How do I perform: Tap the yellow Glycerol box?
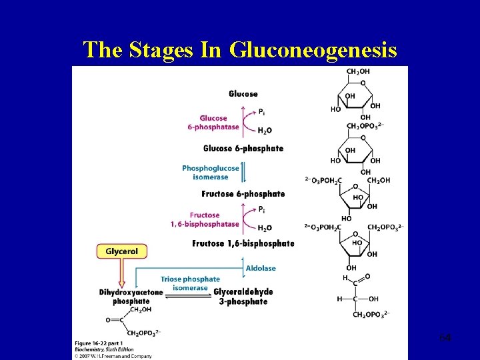click(x=121, y=251)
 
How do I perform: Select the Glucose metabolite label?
click(x=243, y=94)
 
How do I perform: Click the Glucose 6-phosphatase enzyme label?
click(x=213, y=123)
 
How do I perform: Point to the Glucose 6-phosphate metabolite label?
click(x=243, y=149)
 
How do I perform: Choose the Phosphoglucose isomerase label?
click(x=210, y=172)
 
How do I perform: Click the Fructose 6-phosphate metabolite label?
click(x=243, y=194)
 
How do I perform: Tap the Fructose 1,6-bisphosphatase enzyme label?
click(x=204, y=219)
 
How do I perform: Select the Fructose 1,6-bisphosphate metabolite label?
click(x=243, y=243)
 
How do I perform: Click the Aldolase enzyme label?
click(x=261, y=268)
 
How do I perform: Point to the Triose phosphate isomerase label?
click(x=190, y=283)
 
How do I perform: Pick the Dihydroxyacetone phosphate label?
click(x=131, y=297)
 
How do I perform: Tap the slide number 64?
click(x=445, y=339)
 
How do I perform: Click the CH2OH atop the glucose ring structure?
click(x=358, y=72)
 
